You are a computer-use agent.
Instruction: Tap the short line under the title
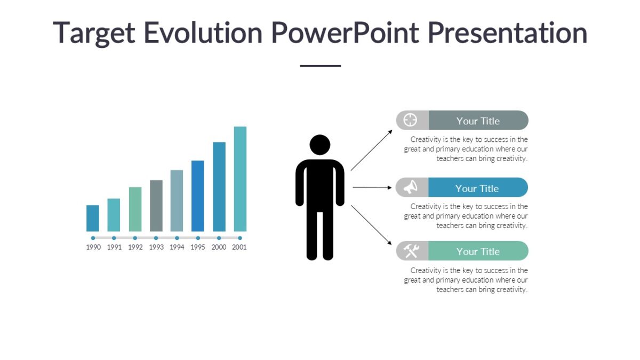point(320,66)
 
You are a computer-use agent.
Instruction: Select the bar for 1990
point(93,218)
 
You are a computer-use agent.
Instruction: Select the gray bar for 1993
point(156,205)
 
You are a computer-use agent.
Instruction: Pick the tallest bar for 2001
point(240,179)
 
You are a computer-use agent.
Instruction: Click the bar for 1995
point(198,196)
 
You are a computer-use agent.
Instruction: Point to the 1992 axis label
point(135,247)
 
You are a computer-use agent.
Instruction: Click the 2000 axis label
point(219,247)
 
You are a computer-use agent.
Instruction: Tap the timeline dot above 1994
point(177,238)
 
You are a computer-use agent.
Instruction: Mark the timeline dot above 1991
point(114,238)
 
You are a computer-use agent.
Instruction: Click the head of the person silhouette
point(320,145)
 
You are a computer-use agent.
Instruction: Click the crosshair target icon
point(410,120)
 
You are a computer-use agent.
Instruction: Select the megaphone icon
point(410,188)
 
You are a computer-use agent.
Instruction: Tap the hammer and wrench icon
point(411,251)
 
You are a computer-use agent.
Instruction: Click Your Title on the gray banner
point(478,121)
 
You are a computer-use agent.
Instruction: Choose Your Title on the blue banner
point(477,188)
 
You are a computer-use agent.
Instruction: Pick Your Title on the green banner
point(478,251)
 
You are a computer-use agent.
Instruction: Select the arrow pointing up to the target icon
point(371,150)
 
